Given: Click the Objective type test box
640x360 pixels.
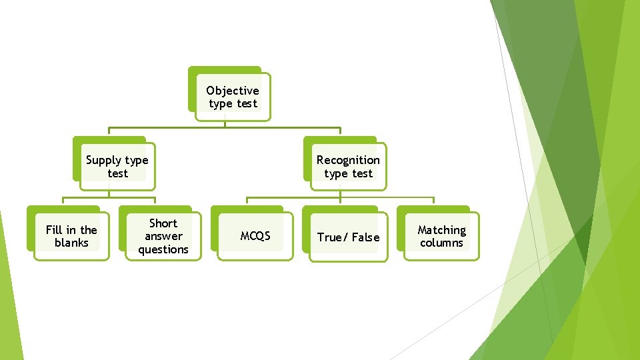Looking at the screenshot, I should [233, 97].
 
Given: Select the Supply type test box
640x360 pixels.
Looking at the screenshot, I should [117, 167].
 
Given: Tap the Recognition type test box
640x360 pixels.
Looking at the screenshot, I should [348, 167].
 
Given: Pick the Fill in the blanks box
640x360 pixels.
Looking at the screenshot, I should [71, 236].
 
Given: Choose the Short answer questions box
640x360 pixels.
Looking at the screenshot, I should [163, 236].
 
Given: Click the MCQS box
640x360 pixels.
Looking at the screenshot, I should [255, 236].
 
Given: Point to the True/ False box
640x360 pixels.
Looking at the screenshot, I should [348, 237].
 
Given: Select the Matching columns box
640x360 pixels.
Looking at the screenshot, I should [441, 236].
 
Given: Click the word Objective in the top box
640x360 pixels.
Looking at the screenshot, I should [233, 91].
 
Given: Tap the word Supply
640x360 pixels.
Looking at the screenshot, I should [104, 160].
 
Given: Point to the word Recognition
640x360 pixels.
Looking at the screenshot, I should [348, 160].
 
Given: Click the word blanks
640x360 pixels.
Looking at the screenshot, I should [71, 243].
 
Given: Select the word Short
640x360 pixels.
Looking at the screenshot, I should [163, 223].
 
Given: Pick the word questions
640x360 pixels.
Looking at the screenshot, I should [163, 249].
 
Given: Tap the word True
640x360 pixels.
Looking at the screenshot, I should [330, 237].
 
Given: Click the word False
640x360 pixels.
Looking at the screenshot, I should [365, 237].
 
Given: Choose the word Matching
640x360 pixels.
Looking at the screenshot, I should [441, 230].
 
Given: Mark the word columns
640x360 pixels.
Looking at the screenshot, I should [441, 243].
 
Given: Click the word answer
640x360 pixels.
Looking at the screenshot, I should [163, 237].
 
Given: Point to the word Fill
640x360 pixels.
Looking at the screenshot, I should [53, 230].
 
